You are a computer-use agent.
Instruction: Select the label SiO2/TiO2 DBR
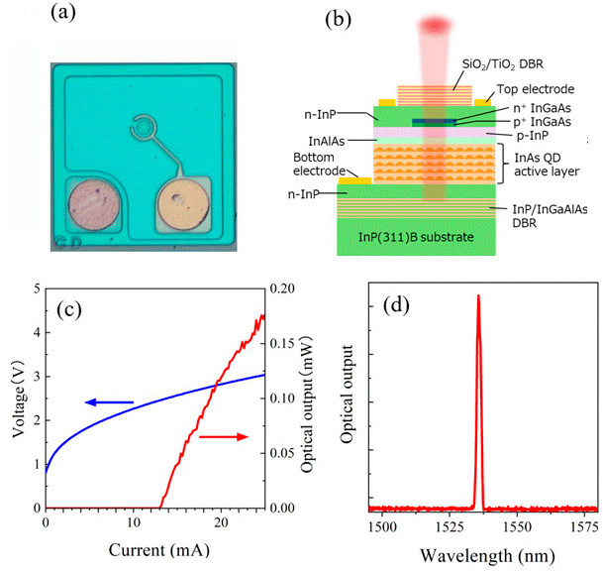pos(505,62)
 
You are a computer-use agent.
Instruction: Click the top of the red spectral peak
pos(478,295)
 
